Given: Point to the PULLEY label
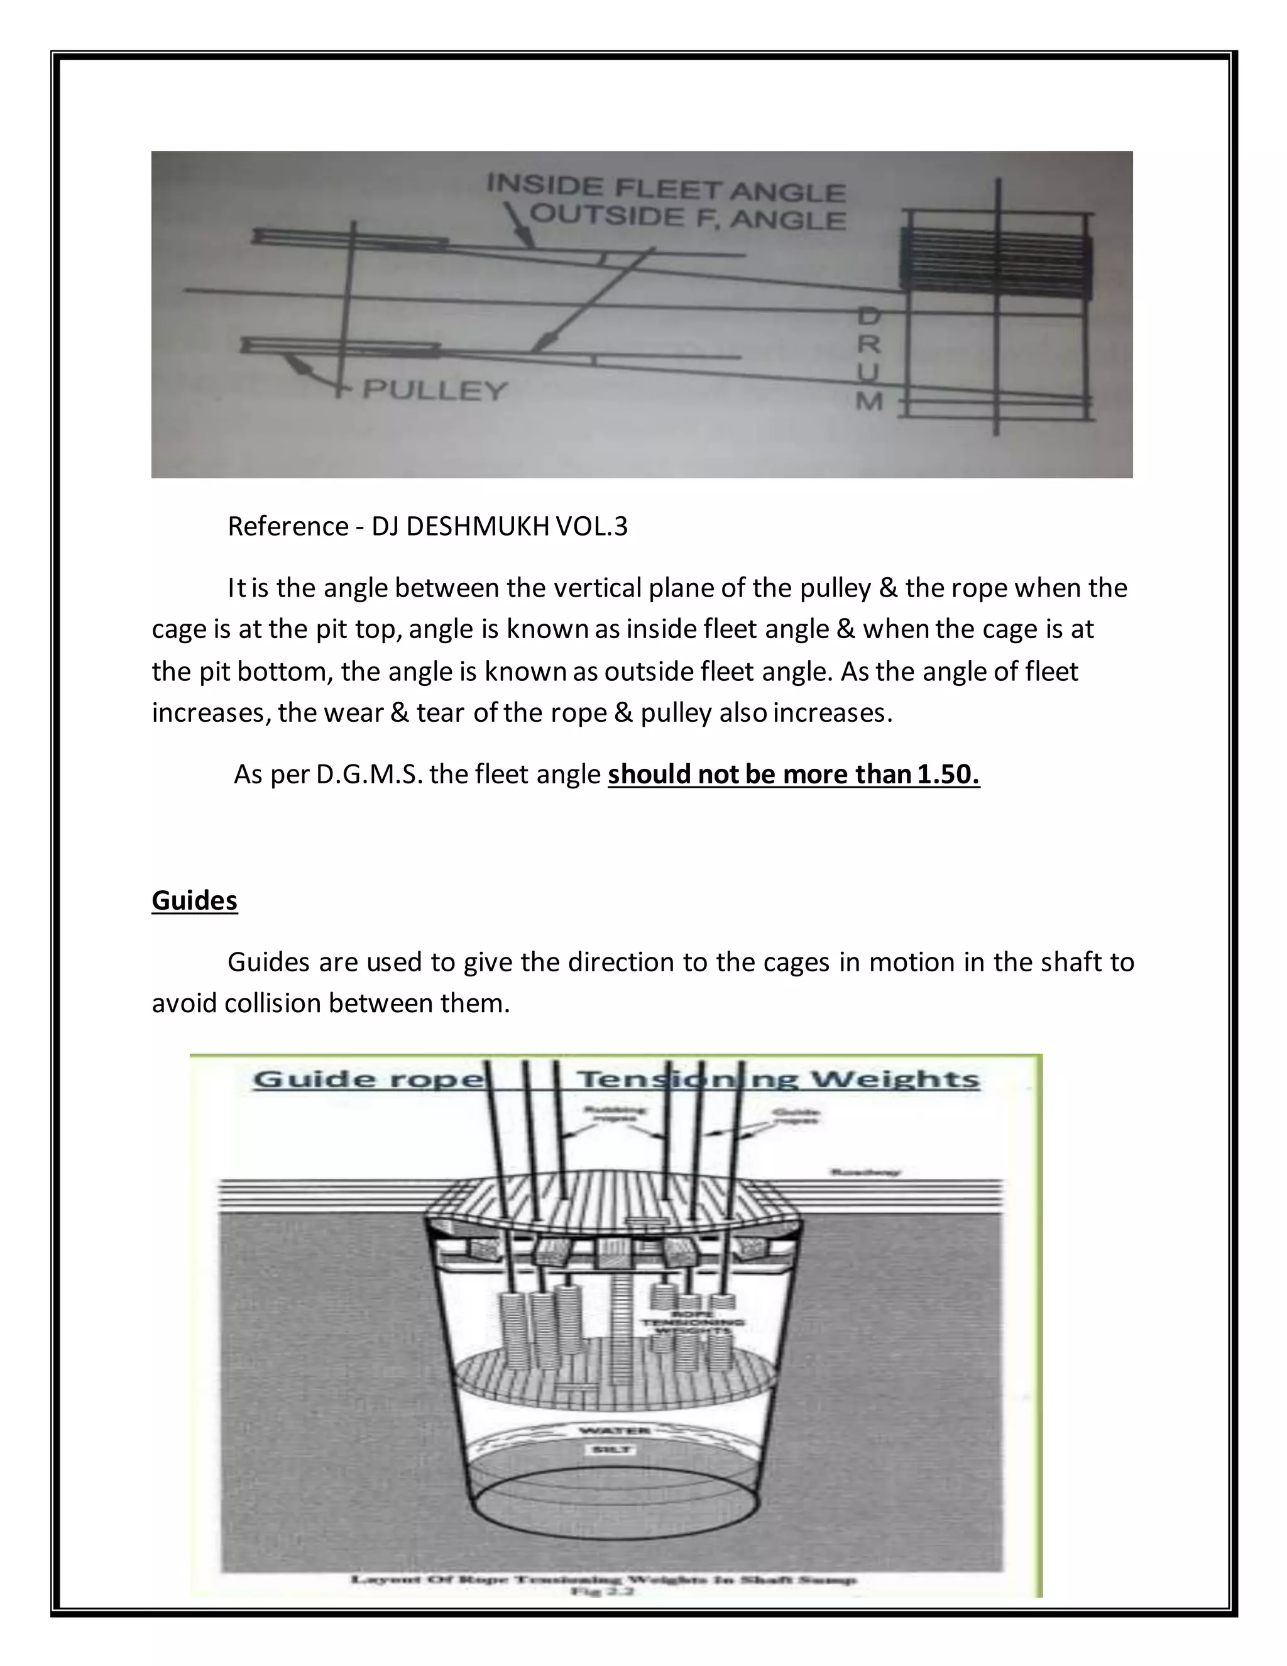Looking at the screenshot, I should [x=434, y=390].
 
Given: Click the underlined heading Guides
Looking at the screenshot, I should [x=194, y=900].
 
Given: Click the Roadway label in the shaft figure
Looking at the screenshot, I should [x=865, y=1172].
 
